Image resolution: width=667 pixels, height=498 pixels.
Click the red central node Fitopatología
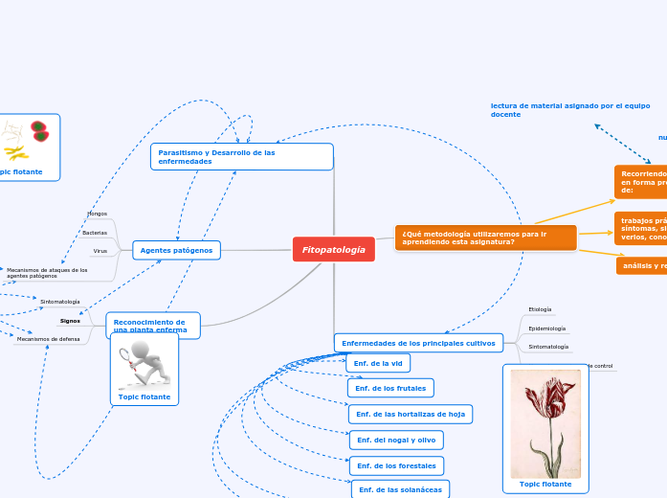(333, 249)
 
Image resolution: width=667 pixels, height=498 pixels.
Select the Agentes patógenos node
(176, 250)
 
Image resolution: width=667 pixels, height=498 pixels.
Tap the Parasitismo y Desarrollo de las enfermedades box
(241, 156)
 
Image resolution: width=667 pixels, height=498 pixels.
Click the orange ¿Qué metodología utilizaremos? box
(485, 238)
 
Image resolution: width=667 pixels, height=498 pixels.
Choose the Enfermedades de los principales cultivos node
(418, 343)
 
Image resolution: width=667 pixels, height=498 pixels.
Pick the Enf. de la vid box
(378, 363)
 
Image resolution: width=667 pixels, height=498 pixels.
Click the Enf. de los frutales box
(390, 388)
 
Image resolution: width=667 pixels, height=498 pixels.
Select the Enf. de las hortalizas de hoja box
(411, 414)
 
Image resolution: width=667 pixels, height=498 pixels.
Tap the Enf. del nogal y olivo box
(396, 440)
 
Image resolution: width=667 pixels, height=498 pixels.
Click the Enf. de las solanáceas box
(400, 489)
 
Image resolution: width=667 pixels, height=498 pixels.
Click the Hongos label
(97, 214)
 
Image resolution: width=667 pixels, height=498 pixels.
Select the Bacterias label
(95, 233)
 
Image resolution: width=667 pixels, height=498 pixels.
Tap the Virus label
(100, 251)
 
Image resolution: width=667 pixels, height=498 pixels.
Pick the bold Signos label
(70, 321)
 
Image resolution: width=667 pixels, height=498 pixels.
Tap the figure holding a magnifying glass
(144, 362)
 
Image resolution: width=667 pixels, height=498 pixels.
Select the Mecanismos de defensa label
(48, 339)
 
